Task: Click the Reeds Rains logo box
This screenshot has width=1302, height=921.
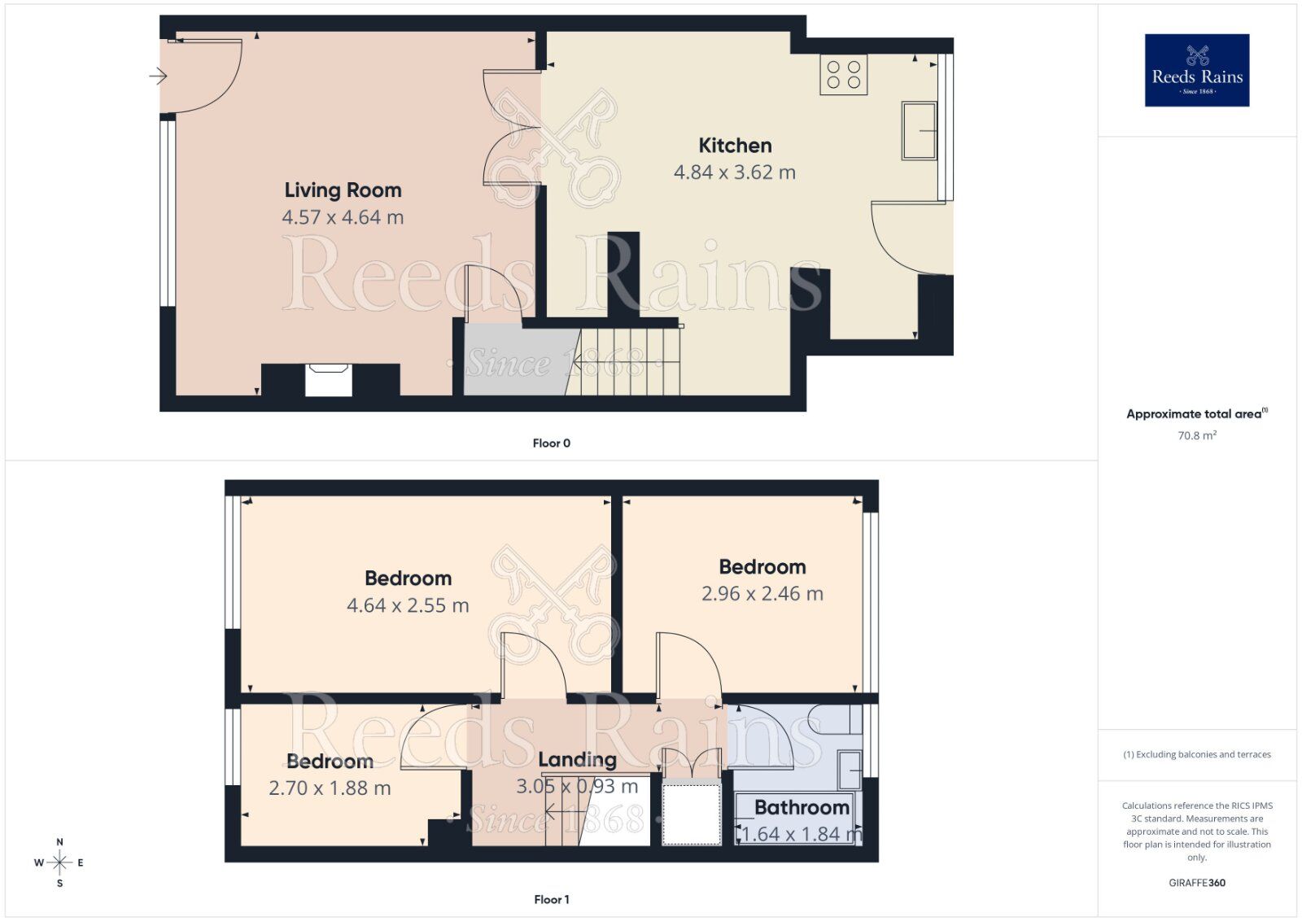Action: (x=1196, y=70)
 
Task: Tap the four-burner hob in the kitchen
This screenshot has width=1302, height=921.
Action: (x=843, y=74)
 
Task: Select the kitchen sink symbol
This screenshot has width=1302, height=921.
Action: (x=919, y=130)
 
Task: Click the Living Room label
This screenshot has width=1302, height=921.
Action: (x=343, y=190)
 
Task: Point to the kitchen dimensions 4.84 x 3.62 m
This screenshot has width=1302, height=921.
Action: (x=734, y=172)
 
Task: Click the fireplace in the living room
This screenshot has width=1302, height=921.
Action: (x=329, y=380)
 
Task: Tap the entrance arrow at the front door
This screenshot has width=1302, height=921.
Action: (x=158, y=76)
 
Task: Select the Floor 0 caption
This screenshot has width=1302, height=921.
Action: (x=551, y=443)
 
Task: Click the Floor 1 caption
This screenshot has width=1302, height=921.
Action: (x=551, y=899)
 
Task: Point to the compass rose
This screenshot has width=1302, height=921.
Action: (x=59, y=862)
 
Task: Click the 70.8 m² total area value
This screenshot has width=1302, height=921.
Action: (x=1196, y=435)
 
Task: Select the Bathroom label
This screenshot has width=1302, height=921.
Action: (x=802, y=807)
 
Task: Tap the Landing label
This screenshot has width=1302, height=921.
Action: (x=577, y=760)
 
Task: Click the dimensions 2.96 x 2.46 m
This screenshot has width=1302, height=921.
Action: (x=762, y=594)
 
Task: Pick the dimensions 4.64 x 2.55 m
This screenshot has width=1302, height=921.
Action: (x=408, y=605)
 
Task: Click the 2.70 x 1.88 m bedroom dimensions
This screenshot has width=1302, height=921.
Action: (x=330, y=788)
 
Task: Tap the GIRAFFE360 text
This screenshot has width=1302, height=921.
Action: (x=1196, y=883)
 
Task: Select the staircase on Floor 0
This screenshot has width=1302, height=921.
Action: (x=627, y=362)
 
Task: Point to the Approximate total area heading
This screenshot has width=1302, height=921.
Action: (x=1195, y=414)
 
